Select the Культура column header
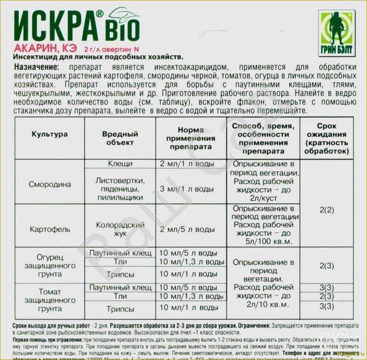point(49,135)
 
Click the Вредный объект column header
point(120,138)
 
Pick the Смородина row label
point(49,185)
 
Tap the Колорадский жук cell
point(120,229)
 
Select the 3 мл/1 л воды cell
point(187,189)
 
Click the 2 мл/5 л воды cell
point(187,229)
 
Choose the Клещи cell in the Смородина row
point(120,164)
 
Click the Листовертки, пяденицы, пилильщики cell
point(120,189)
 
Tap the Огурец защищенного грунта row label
point(49,265)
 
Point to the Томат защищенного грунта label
point(49,300)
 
